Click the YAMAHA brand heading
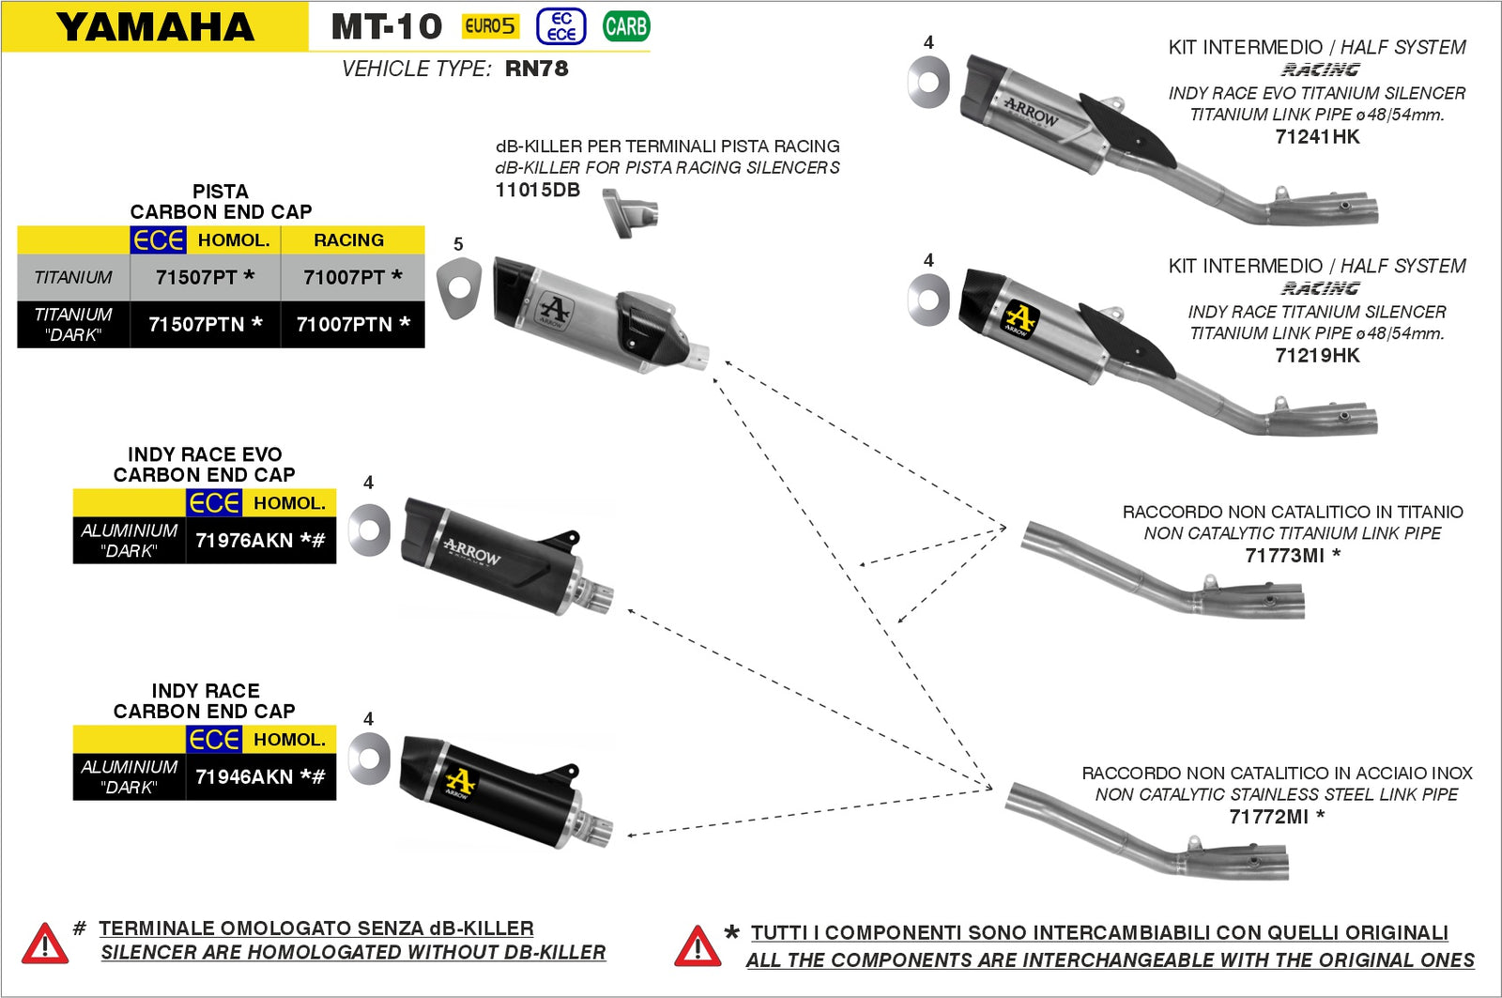155,26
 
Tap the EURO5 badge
490,26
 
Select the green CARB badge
626,26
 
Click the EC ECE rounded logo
561,26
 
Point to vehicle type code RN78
536,69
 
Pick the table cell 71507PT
205,277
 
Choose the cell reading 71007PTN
352,324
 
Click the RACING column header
348,240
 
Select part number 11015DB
537,190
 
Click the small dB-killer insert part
629,212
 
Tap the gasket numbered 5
458,288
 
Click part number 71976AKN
259,541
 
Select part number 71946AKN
259,777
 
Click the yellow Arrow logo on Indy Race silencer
460,781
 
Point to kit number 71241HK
1316,137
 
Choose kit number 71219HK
1316,356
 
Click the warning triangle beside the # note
44,944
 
